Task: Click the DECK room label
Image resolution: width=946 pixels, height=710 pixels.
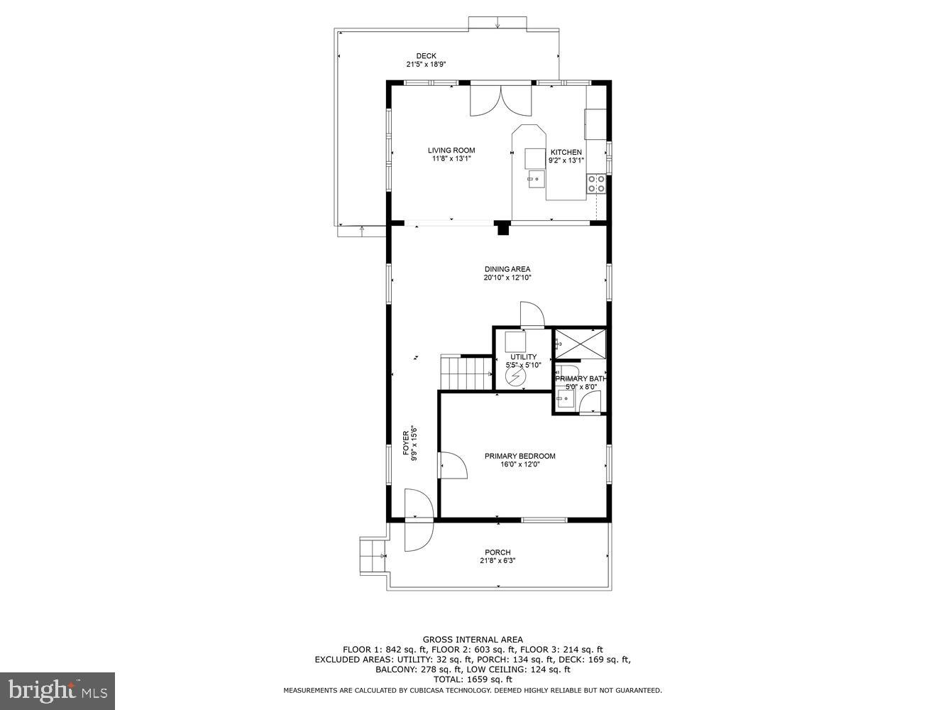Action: point(426,56)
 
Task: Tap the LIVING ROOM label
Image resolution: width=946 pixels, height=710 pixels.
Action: point(451,150)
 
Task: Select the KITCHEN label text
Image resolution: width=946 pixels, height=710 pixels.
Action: point(566,152)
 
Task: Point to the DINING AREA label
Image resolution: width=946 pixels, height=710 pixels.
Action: point(507,269)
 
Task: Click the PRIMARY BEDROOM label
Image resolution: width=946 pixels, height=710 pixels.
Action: point(519,456)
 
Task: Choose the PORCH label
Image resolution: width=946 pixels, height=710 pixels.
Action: point(497,552)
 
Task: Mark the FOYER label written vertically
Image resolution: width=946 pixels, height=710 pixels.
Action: point(406,443)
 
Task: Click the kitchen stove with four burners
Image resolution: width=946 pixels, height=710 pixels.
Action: point(595,184)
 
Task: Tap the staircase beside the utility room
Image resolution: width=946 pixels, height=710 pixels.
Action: point(466,372)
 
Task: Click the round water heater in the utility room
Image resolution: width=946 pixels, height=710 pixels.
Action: point(515,376)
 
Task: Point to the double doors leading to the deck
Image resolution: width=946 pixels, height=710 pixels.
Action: point(500,99)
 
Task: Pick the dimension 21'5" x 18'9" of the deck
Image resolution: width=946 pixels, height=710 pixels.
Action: point(426,65)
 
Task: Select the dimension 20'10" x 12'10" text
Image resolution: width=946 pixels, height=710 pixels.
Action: point(507,278)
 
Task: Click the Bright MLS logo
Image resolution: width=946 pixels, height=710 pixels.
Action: point(57,689)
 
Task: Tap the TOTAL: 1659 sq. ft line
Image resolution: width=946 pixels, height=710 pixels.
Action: point(473,679)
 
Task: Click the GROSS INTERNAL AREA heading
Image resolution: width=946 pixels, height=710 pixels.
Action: point(473,640)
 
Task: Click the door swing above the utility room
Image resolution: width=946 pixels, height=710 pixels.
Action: point(532,314)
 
